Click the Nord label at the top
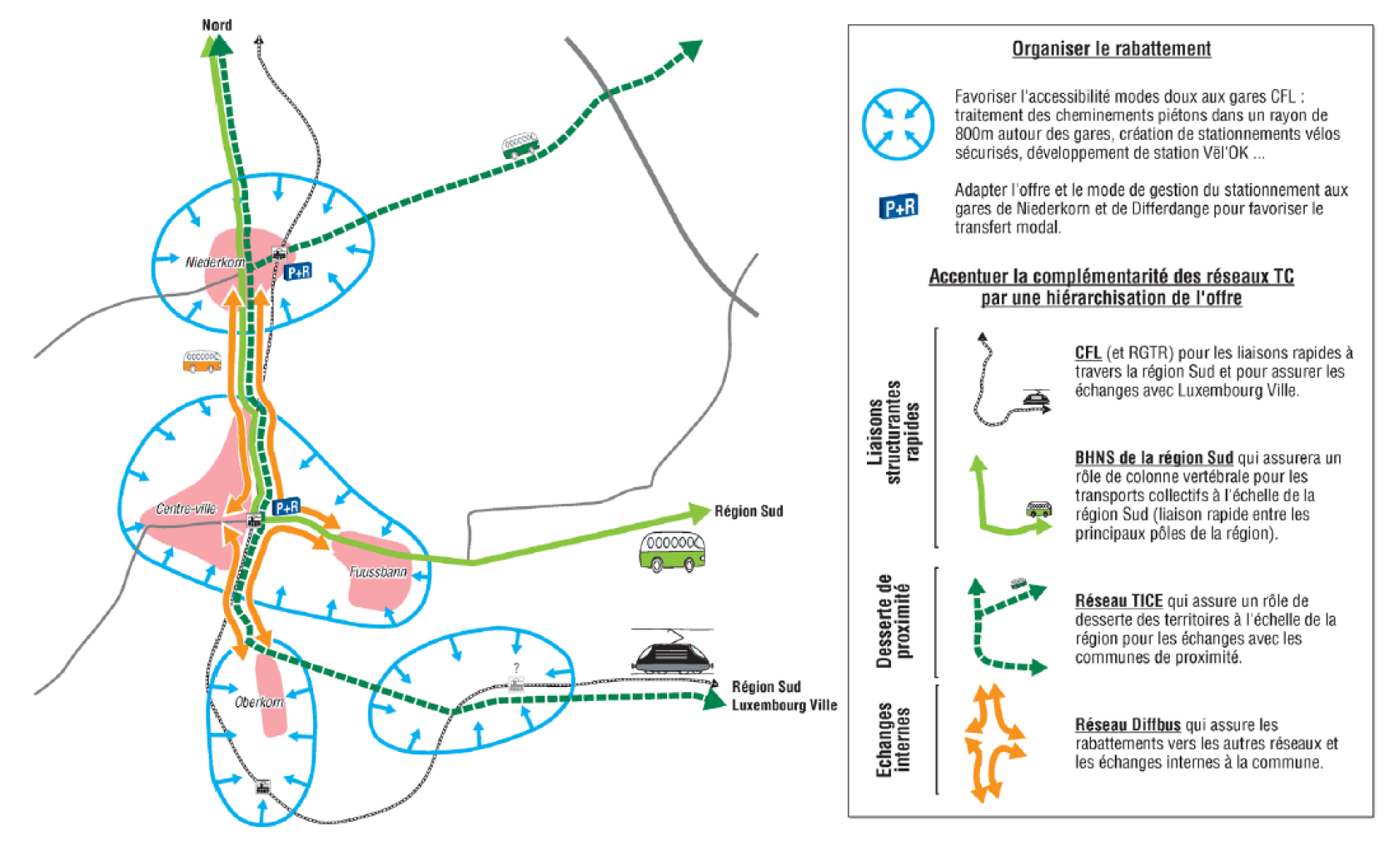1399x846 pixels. pyautogui.click(x=217, y=25)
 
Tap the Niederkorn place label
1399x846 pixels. pyautogui.click(x=215, y=262)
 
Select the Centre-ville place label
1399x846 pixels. pyautogui.click(x=187, y=509)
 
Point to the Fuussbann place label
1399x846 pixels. pyautogui.click(x=378, y=572)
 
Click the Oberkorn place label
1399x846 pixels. pyautogui.click(x=258, y=703)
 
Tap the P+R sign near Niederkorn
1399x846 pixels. pyautogui.click(x=298, y=271)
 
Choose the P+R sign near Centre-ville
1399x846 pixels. pyautogui.click(x=286, y=506)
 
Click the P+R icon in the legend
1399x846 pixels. pyautogui.click(x=899, y=206)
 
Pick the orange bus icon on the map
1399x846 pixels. pyautogui.click(x=202, y=361)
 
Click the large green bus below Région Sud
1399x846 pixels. pyautogui.click(x=672, y=552)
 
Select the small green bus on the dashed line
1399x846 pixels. pyautogui.click(x=520, y=146)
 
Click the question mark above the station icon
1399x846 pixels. pyautogui.click(x=516, y=668)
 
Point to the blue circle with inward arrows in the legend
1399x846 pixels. pyautogui.click(x=898, y=124)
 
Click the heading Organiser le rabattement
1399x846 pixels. pyautogui.click(x=1111, y=48)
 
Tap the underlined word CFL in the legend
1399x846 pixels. pyautogui.click(x=1088, y=353)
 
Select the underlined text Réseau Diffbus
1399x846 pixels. pyautogui.click(x=1128, y=725)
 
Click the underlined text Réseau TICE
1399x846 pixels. pyautogui.click(x=1118, y=600)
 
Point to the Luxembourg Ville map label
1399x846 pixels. pyautogui.click(x=784, y=705)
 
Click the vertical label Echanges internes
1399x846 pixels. pyautogui.click(x=893, y=740)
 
